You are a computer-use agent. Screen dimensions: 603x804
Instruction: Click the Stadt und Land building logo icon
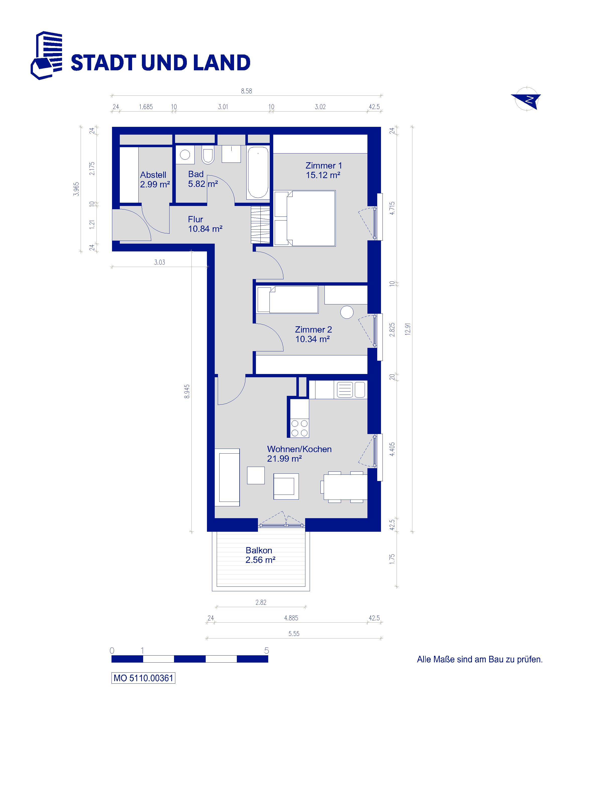click(46, 55)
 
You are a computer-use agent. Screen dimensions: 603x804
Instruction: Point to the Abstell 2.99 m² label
click(155, 180)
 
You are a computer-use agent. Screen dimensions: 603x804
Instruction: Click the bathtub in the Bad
click(258, 172)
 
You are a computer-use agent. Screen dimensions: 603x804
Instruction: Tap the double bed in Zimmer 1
click(305, 219)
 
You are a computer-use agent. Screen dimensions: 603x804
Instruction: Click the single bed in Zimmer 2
click(288, 299)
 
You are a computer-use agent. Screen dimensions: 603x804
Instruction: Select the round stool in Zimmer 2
click(347, 312)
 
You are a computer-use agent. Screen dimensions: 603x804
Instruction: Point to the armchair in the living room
click(286, 486)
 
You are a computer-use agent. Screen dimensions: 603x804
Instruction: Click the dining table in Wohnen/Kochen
click(345, 487)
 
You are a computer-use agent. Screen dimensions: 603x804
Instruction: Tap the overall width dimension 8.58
click(246, 91)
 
